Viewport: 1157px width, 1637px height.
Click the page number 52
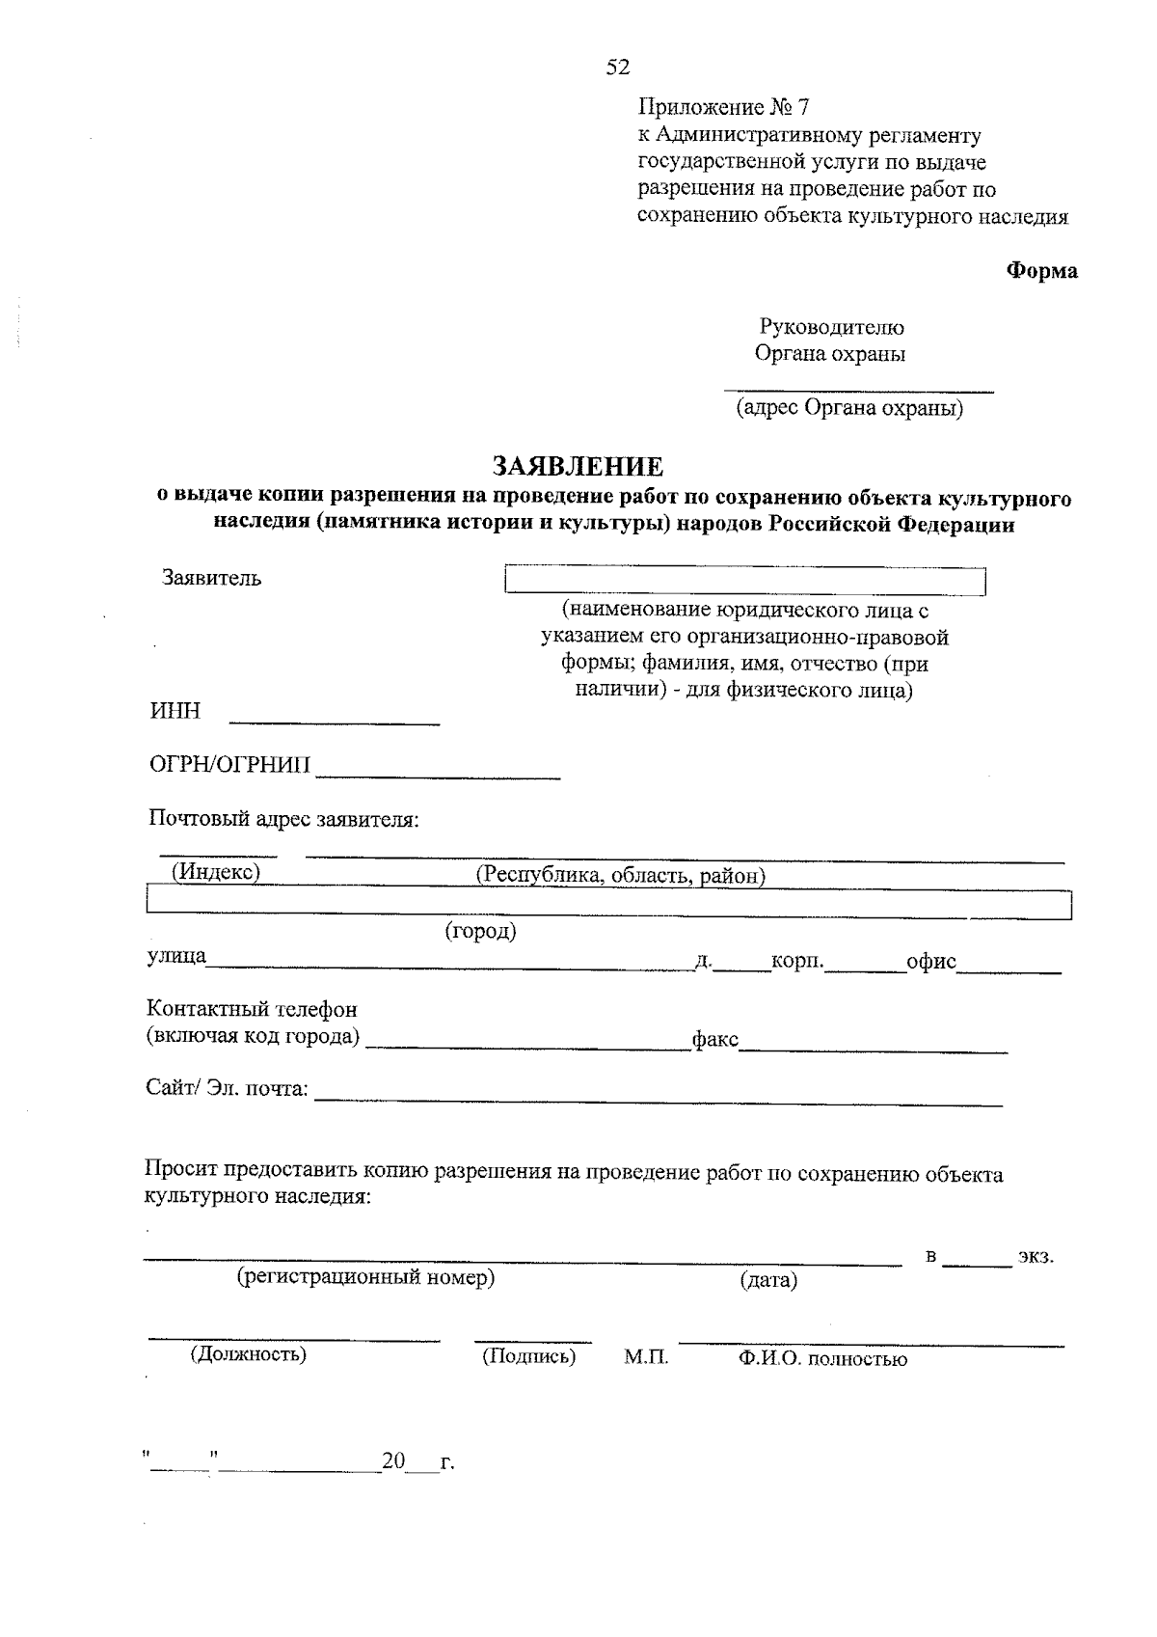(x=617, y=67)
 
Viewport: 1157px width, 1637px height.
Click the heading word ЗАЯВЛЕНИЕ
(x=578, y=467)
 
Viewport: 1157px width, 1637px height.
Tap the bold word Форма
(x=1042, y=271)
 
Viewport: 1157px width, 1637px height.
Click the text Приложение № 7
(x=722, y=107)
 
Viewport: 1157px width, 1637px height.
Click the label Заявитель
(x=211, y=579)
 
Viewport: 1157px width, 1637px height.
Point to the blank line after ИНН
(x=334, y=717)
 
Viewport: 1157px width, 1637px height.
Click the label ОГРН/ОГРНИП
(x=230, y=765)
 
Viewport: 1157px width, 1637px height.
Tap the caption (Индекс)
(x=216, y=871)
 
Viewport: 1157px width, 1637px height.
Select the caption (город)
(x=480, y=932)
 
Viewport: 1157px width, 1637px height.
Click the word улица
(x=176, y=957)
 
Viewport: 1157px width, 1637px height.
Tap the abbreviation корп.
(x=797, y=962)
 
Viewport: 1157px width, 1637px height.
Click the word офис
(x=931, y=962)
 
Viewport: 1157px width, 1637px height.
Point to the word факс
(x=714, y=1040)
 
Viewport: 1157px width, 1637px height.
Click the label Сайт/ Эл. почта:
(x=228, y=1088)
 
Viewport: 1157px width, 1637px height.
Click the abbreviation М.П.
(x=646, y=1357)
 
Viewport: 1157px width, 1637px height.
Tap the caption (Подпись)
(x=528, y=1356)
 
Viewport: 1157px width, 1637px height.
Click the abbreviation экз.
(x=1036, y=1258)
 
